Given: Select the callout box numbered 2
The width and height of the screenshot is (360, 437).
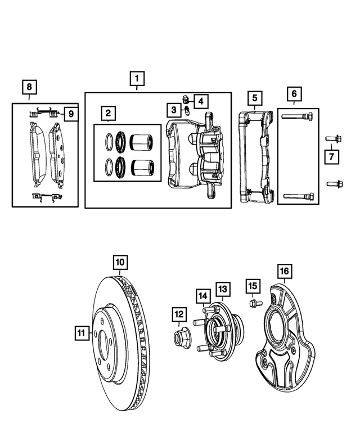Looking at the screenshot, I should [x=108, y=114].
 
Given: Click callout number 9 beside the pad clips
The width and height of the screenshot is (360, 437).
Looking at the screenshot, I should [x=70, y=114].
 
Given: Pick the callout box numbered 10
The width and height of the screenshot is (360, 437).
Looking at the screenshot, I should [x=121, y=262].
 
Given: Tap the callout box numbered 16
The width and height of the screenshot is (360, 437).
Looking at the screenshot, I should [x=286, y=272].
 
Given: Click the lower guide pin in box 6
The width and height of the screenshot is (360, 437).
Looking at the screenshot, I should [x=298, y=195].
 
